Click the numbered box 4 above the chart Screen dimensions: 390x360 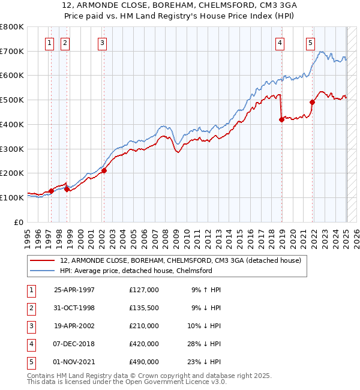280,43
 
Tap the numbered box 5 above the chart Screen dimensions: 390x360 310,43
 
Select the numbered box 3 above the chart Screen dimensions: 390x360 103,43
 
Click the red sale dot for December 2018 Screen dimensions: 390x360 281,119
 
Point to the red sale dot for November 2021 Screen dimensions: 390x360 312,102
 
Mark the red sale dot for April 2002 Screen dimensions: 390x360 104,170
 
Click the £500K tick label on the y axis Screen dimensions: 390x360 12,100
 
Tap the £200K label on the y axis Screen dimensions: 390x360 12,173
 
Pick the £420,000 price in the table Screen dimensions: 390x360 144,344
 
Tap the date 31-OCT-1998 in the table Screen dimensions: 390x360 74,308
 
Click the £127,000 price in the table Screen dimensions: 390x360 144,290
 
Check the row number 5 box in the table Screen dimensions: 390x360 31,362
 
